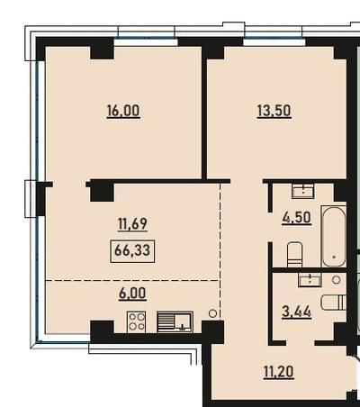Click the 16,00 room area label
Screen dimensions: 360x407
click(x=123, y=112)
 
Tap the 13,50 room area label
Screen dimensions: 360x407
click(x=274, y=112)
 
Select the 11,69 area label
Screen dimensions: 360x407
click(x=132, y=224)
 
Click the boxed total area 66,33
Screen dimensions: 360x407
click(x=132, y=250)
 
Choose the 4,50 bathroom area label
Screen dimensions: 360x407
click(x=296, y=218)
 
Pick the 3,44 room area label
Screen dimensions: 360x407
click(x=296, y=312)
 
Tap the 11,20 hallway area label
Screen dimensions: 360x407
click(x=278, y=372)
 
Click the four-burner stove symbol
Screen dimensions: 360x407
click(x=137, y=321)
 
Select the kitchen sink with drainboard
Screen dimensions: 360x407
click(x=175, y=321)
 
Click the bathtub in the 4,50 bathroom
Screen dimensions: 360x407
click(x=334, y=236)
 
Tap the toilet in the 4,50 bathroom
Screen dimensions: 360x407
click(x=294, y=255)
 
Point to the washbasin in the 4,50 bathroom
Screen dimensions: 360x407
click(x=303, y=191)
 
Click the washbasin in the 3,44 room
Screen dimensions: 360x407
click(x=310, y=280)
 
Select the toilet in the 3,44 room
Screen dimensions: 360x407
click(x=334, y=303)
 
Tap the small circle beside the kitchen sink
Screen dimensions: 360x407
click(x=212, y=313)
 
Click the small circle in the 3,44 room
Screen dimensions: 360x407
click(x=337, y=280)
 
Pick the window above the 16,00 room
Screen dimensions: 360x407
click(x=146, y=42)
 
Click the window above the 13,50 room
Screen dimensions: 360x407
click(x=274, y=41)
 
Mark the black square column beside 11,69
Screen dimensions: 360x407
click(x=102, y=192)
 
